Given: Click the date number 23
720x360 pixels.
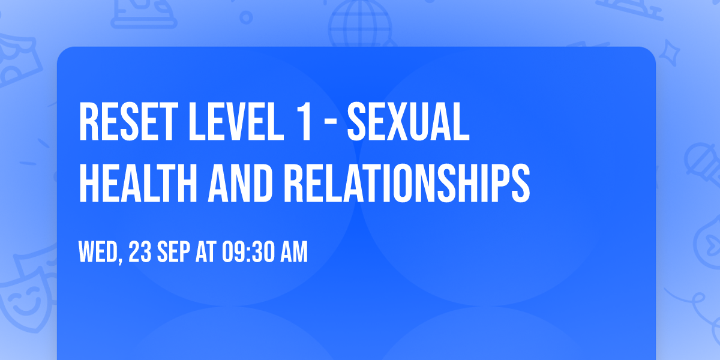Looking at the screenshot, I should tap(140, 253).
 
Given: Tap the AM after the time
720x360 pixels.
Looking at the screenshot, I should tap(293, 253).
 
